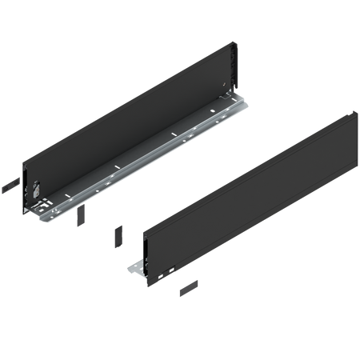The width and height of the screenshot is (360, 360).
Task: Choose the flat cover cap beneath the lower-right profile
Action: pyautogui.click(x=190, y=285)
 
